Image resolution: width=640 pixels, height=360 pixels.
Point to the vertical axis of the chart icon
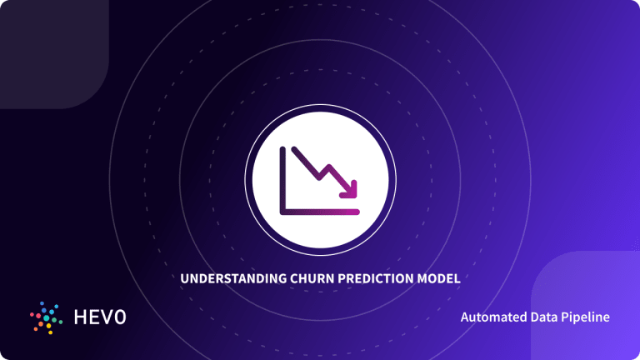[x=284, y=179]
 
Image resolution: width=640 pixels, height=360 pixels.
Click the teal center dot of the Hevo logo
[x=45, y=317]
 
